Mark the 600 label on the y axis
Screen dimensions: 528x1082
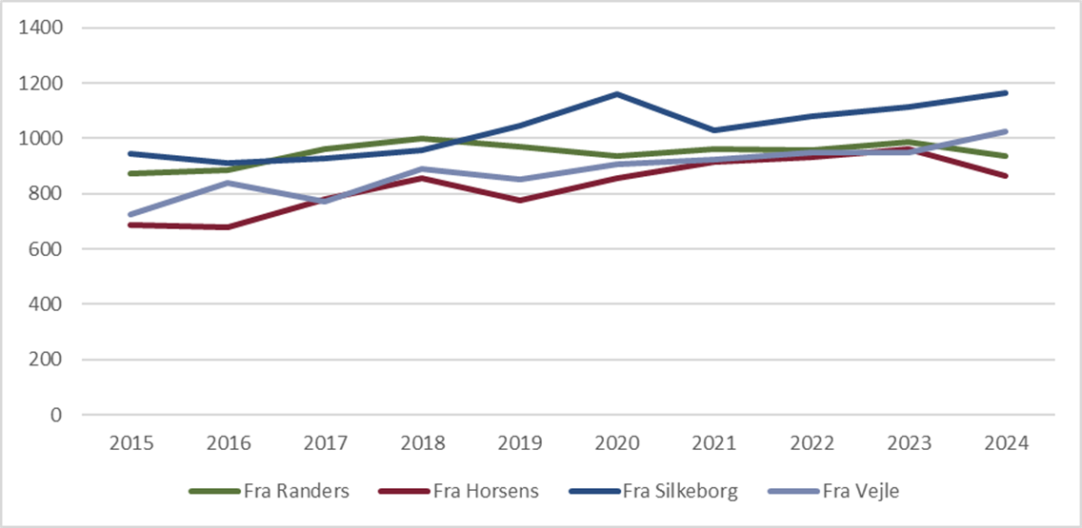tap(46, 249)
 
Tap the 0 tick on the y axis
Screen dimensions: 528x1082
tap(57, 416)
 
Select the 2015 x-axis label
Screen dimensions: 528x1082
tap(131, 444)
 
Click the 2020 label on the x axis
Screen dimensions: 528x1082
tap(617, 444)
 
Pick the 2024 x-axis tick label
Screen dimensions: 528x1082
tap(1006, 444)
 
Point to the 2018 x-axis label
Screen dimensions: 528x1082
tap(423, 444)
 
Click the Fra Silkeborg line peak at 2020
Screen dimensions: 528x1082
tap(617, 94)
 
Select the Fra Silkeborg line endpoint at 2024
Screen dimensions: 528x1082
tap(1006, 92)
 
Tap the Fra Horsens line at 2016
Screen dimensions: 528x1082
tap(229, 227)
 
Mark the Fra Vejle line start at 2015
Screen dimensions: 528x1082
tap(131, 215)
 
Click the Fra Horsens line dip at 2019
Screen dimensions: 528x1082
tap(520, 201)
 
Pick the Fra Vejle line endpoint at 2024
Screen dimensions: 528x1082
tap(1006, 131)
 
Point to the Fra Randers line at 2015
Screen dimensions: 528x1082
tap(131, 173)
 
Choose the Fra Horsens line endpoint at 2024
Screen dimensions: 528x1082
tap(1006, 176)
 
